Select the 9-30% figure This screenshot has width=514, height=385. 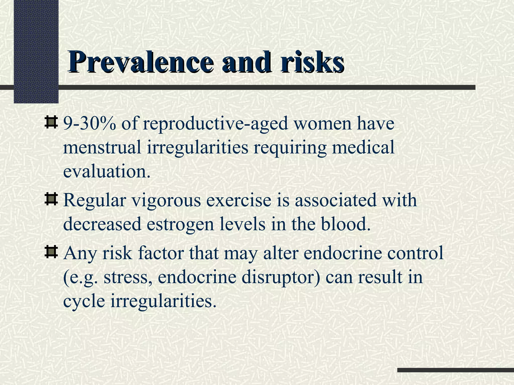90,124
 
